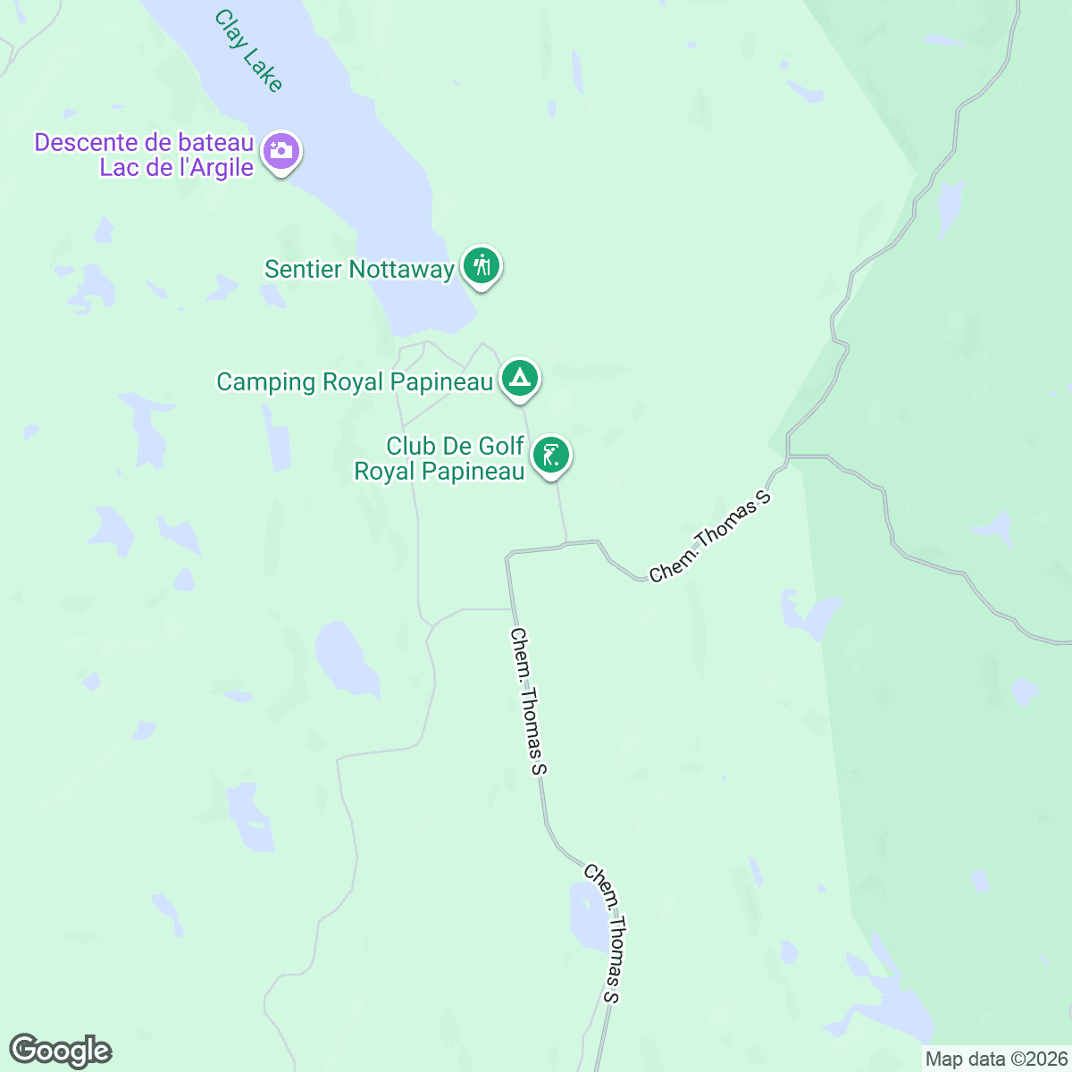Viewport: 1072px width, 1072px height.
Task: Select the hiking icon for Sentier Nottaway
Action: (x=482, y=266)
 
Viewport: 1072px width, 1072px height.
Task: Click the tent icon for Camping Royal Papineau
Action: (x=519, y=379)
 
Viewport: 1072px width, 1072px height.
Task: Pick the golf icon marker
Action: (x=551, y=456)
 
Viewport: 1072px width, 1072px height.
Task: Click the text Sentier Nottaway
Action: (x=359, y=269)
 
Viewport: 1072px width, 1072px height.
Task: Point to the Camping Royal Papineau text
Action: (x=355, y=382)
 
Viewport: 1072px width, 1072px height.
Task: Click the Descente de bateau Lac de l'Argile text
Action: (x=145, y=155)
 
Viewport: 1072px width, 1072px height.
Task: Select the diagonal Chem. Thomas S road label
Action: (x=709, y=537)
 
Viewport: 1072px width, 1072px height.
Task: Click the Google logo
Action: (x=61, y=1051)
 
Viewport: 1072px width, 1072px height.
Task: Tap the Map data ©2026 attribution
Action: (x=995, y=1059)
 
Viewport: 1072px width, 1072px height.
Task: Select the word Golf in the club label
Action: (x=489, y=446)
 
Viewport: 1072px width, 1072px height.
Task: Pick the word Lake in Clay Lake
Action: (x=264, y=71)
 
